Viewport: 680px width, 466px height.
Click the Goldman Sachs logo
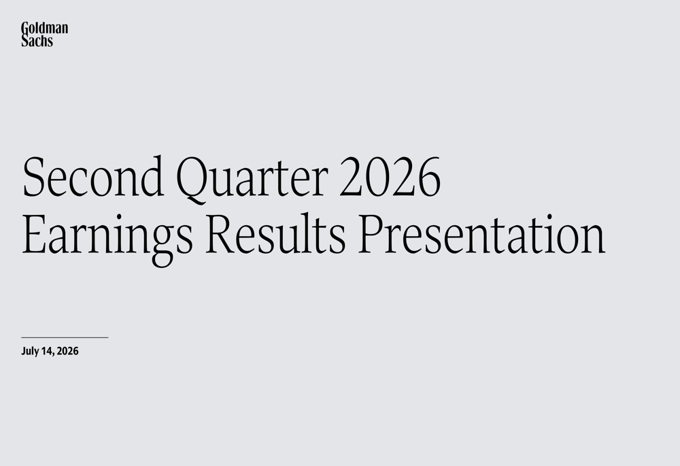click(45, 34)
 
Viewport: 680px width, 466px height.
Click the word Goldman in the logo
click(45, 28)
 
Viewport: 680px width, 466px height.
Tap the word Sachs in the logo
click(37, 41)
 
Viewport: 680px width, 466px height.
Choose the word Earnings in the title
click(107, 238)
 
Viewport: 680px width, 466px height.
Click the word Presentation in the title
click(482, 233)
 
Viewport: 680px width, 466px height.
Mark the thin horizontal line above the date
click(65, 337)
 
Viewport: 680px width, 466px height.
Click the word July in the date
click(30, 351)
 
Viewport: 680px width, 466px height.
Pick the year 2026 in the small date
click(67, 351)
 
